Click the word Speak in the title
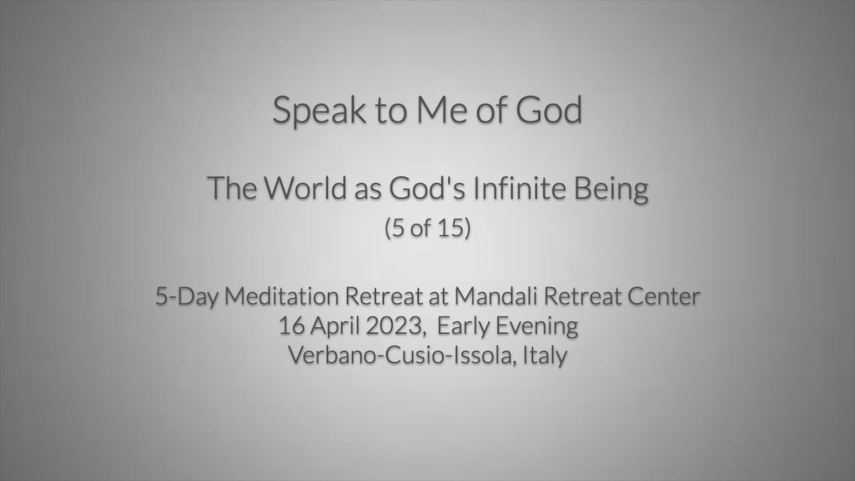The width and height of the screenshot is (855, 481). [319, 111]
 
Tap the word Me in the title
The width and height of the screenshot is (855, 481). [442, 110]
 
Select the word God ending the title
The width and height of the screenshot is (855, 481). [549, 110]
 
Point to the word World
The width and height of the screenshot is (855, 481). [305, 188]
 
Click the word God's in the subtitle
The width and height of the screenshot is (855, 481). [427, 188]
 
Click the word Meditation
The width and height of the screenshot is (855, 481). [282, 296]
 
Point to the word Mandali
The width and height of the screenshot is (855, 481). [496, 296]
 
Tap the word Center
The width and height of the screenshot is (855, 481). [664, 297]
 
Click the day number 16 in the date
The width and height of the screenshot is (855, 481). [292, 326]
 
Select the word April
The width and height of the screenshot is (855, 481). [335, 327]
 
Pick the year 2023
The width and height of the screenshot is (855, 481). [393, 326]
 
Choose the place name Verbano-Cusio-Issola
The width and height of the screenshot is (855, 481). [400, 355]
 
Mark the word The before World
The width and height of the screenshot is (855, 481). [232, 188]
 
